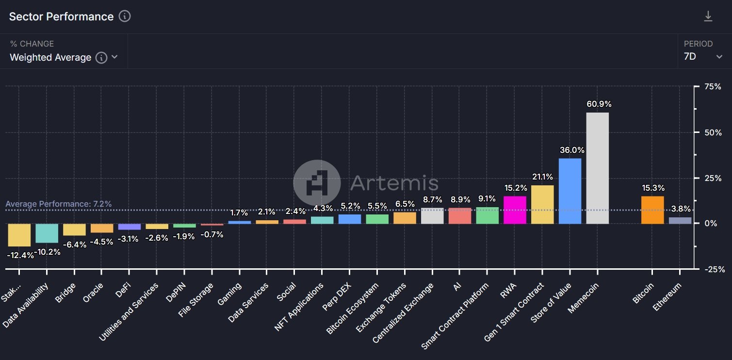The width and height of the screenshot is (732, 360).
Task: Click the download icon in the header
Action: tap(708, 16)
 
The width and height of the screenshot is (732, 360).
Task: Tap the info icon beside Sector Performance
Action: tap(125, 16)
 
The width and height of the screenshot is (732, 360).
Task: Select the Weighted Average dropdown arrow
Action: tap(114, 57)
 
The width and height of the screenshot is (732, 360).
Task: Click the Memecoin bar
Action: tap(597, 168)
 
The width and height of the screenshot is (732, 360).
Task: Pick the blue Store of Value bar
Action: tap(569, 191)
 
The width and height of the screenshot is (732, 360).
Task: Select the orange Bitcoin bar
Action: tap(652, 210)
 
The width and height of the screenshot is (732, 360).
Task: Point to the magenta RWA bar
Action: tap(515, 210)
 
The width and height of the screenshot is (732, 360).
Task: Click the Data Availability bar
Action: tap(47, 233)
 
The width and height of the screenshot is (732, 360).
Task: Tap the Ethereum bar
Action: tap(680, 220)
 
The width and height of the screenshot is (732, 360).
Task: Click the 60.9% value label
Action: tap(599, 104)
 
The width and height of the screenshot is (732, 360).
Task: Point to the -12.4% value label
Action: tap(20, 255)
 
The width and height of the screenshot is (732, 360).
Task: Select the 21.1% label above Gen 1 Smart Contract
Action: tap(542, 177)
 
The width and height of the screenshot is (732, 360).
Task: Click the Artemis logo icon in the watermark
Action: tap(317, 183)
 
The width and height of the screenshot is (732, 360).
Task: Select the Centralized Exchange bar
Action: tap(432, 216)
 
